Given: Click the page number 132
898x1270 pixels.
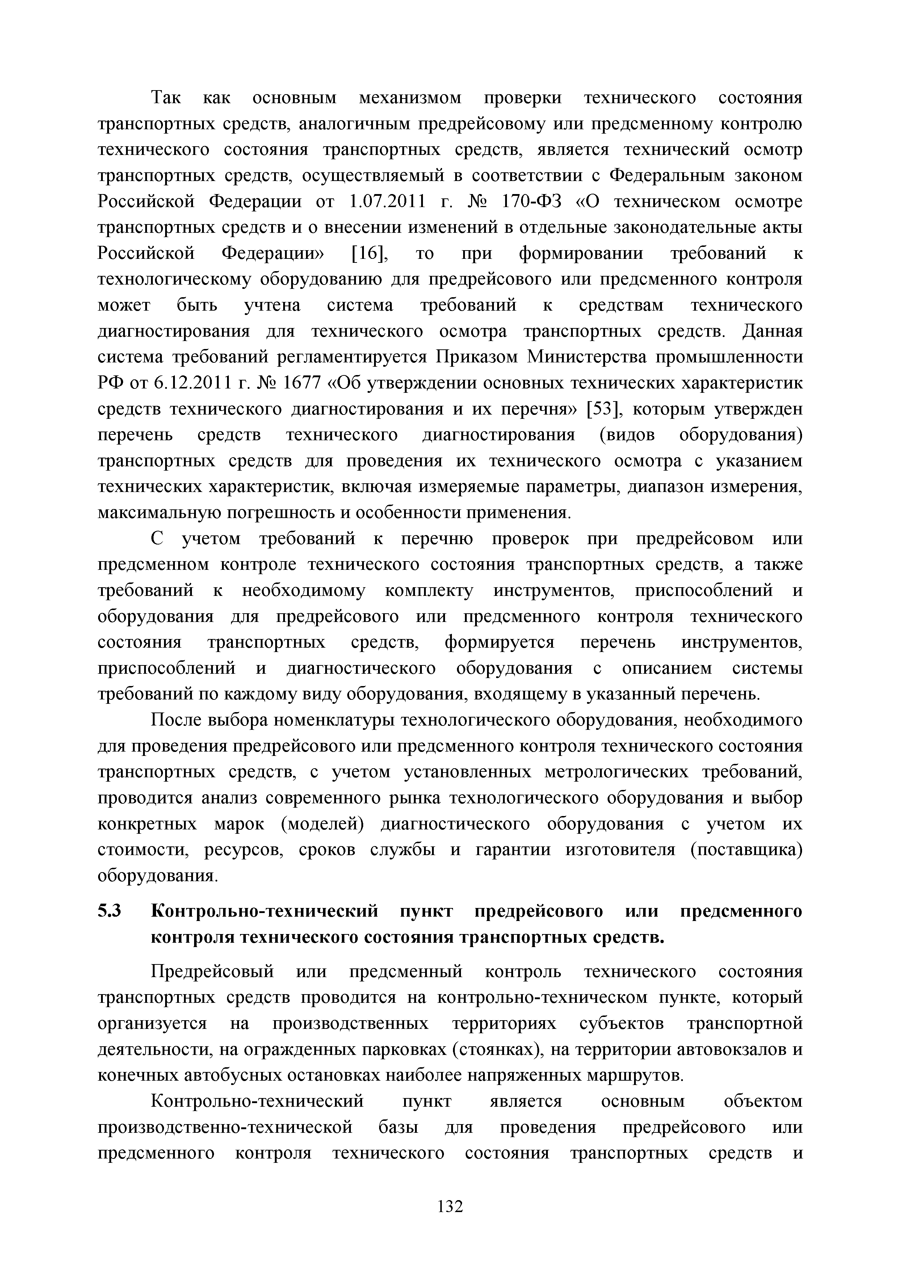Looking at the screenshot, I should tap(449, 1206).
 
